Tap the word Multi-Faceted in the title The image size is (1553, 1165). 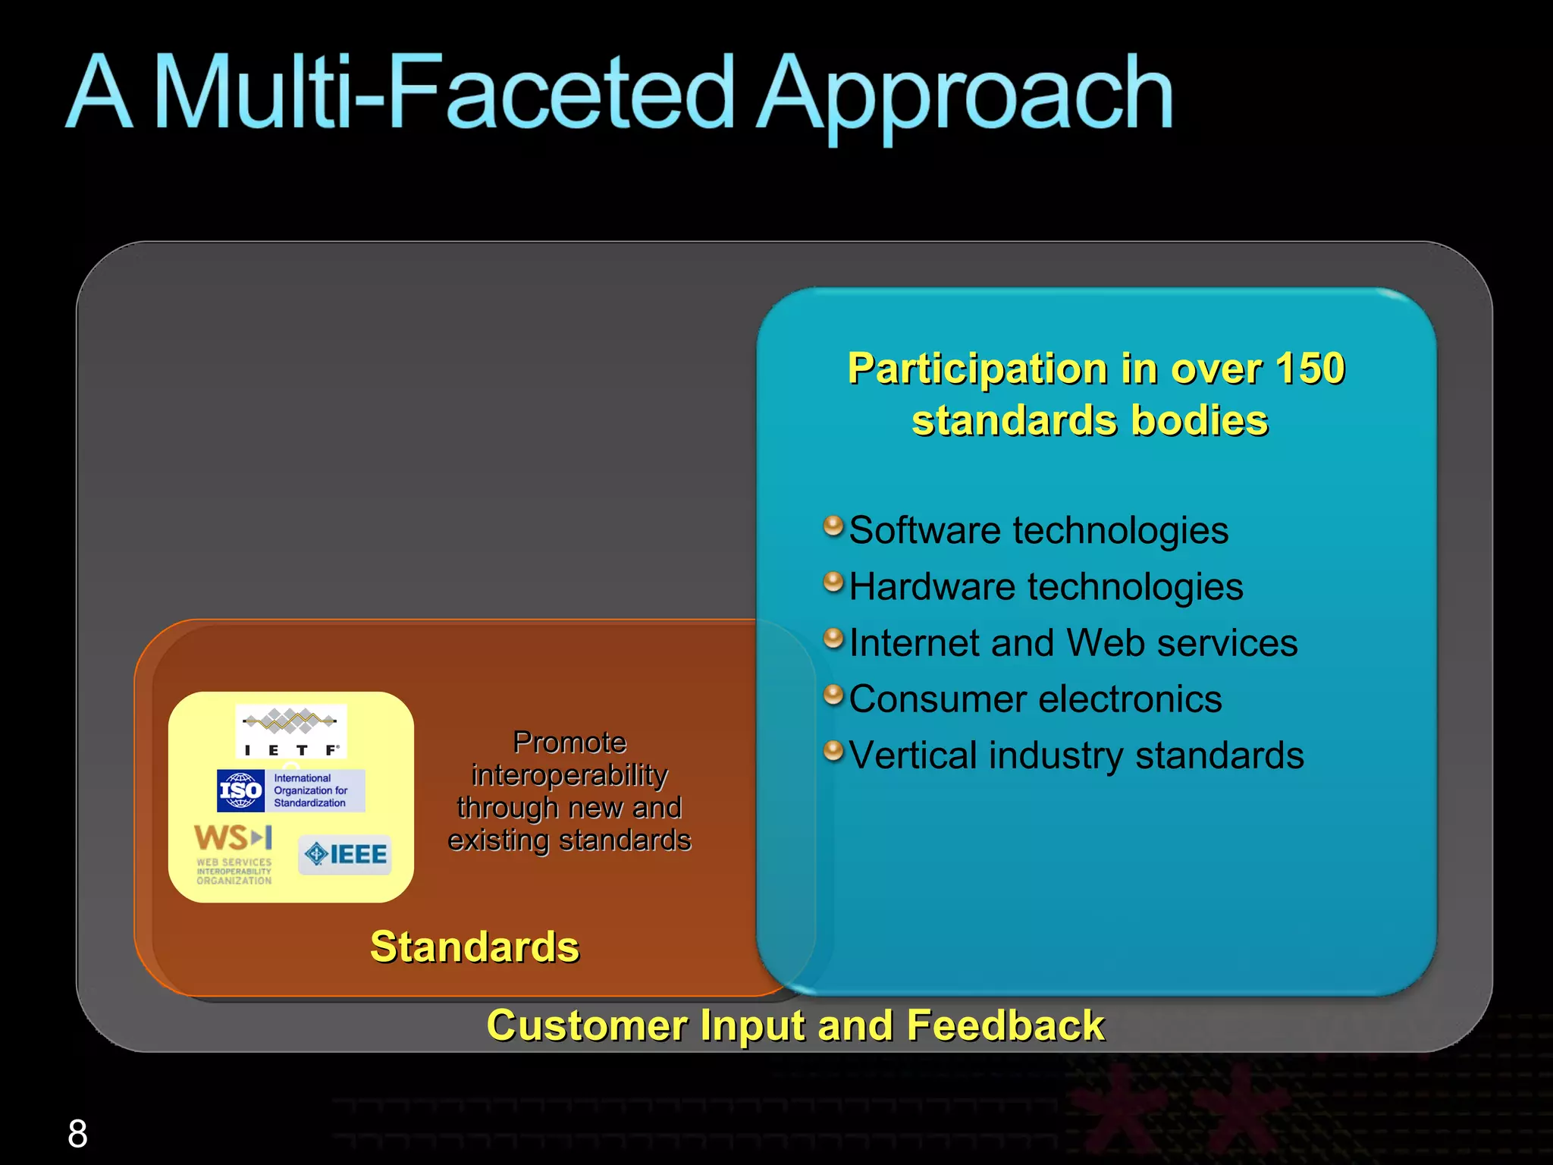(444, 95)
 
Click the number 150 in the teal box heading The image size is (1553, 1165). (1309, 369)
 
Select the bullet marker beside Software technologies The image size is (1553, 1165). (833, 525)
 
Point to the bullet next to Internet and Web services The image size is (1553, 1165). (833, 638)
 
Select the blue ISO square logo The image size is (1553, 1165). (240, 790)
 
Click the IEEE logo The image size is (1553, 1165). (345, 855)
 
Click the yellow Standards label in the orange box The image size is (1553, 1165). (474, 947)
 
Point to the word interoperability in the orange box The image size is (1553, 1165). (569, 775)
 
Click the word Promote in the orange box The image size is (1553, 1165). (569, 742)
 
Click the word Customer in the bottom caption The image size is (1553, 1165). (586, 1025)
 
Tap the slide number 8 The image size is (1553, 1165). (77, 1134)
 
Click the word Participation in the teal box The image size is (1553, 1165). (977, 369)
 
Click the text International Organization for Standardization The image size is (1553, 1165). (311, 790)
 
